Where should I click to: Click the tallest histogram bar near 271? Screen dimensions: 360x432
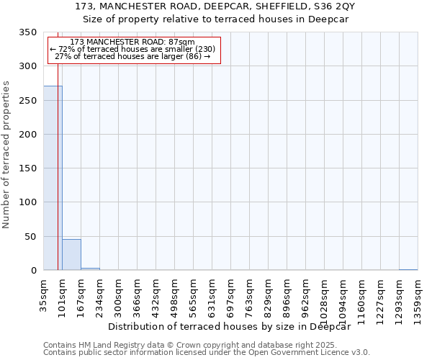pyautogui.click(x=53, y=178)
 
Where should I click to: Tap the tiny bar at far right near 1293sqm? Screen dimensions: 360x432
pyautogui.click(x=408, y=269)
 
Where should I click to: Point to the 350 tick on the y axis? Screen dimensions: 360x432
pyautogui.click(x=28, y=32)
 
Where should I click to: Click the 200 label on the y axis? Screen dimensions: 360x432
pyautogui.click(x=28, y=135)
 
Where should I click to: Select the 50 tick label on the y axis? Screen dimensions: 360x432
pyautogui.click(x=31, y=237)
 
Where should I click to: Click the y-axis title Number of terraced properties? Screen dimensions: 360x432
pyautogui.click(x=6, y=154)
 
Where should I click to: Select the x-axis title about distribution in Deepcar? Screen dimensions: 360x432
pyautogui.click(x=234, y=326)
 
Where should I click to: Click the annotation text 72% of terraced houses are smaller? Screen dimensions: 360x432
pyautogui.click(x=132, y=49)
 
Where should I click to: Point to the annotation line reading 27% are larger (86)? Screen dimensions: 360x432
pyautogui.click(x=132, y=56)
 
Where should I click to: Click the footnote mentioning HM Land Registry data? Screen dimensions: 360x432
pyautogui.click(x=205, y=345)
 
